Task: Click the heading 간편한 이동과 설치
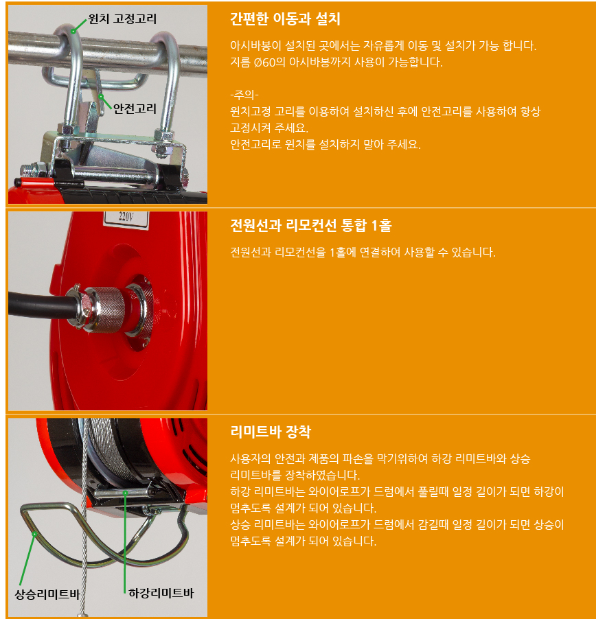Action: [x=285, y=19]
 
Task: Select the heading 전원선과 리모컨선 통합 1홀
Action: [x=310, y=225]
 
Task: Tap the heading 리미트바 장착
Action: [x=271, y=432]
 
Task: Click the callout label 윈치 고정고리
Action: [x=122, y=19]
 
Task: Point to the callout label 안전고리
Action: [x=135, y=108]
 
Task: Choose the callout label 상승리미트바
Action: [x=47, y=594]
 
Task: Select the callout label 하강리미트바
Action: [x=161, y=593]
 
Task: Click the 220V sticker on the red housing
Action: [x=126, y=219]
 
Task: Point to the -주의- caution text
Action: [x=244, y=95]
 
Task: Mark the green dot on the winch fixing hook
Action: [x=73, y=31]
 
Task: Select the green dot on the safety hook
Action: [x=101, y=96]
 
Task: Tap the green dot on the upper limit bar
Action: [x=34, y=534]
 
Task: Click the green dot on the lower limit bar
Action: [x=125, y=493]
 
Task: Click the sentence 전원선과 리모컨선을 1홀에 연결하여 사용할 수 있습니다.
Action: [x=363, y=252]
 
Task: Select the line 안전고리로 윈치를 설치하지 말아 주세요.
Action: [x=326, y=145]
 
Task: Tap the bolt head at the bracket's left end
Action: [x=27, y=171]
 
